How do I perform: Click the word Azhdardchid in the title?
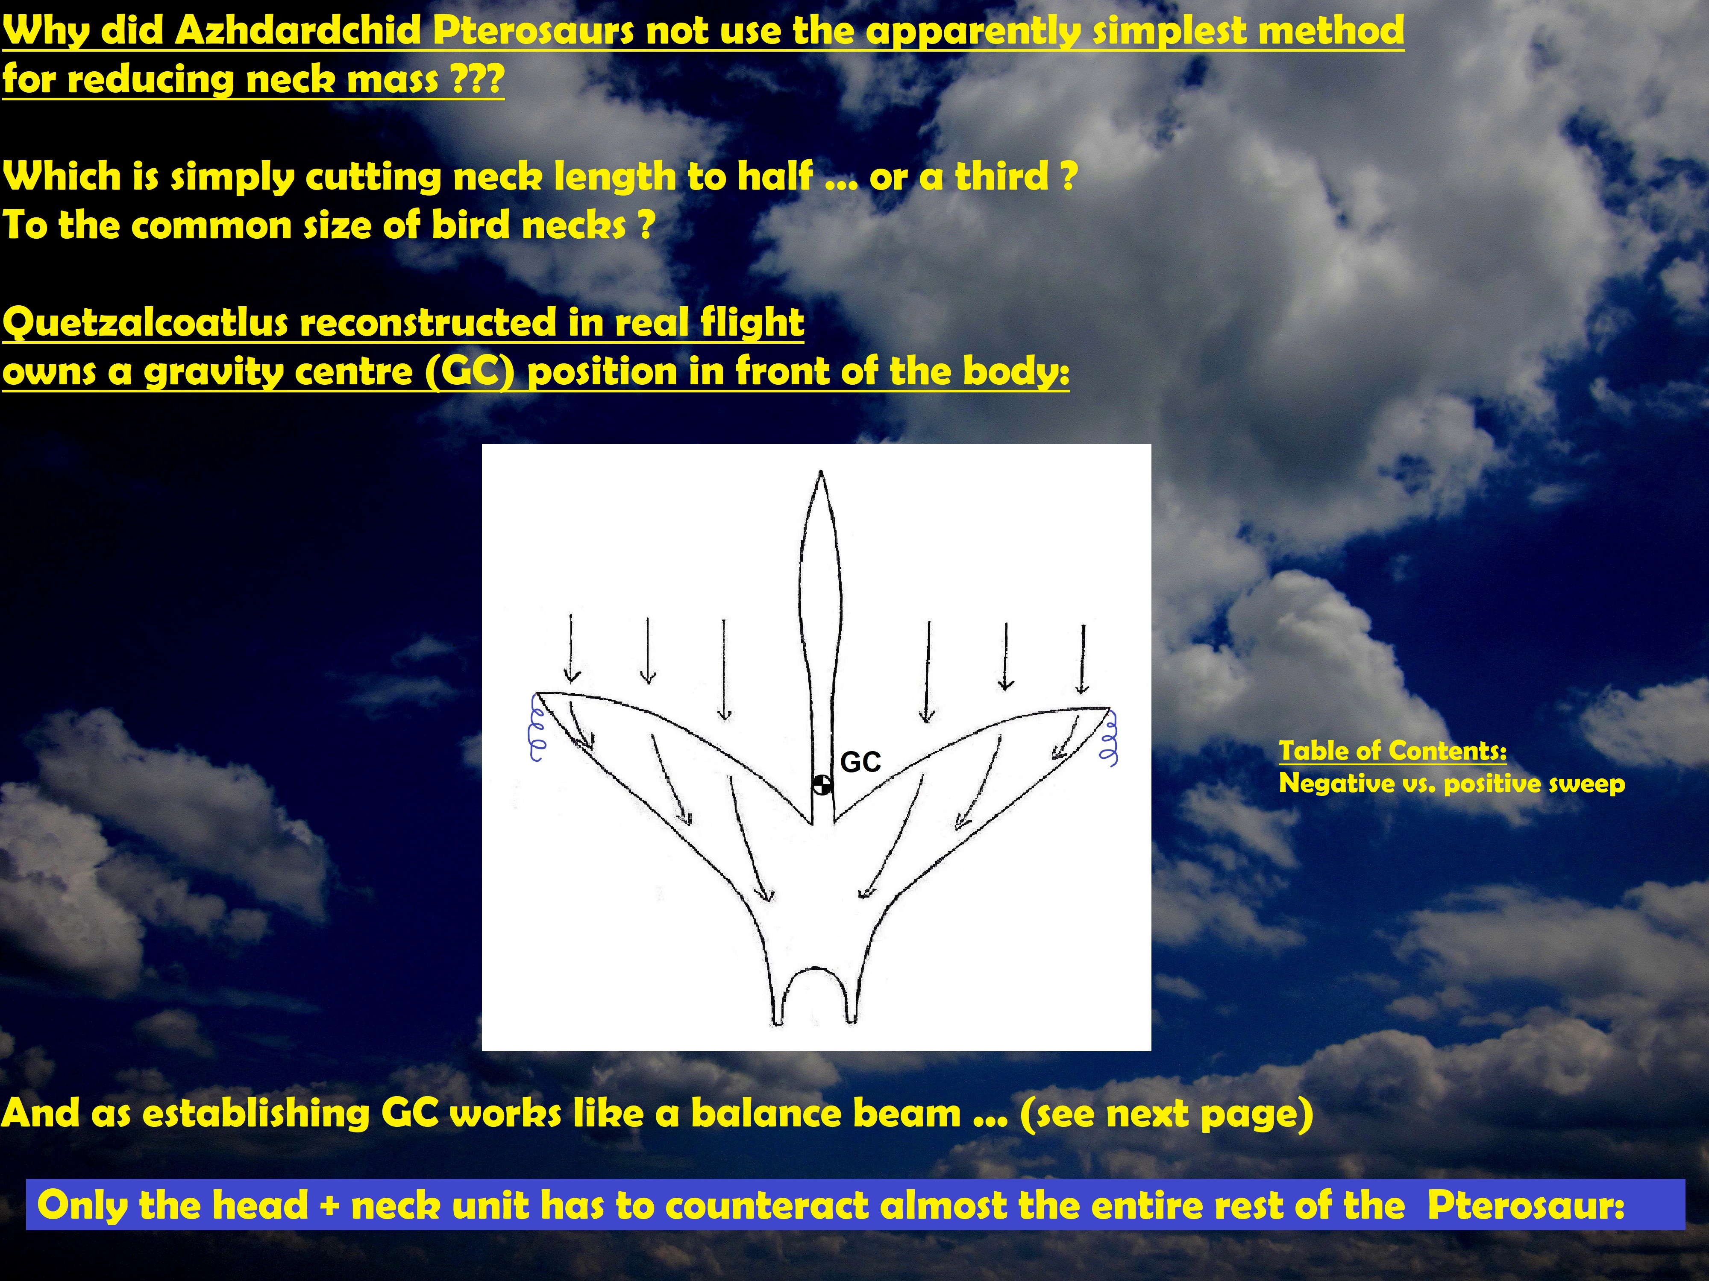(299, 31)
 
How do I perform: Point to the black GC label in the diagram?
(860, 762)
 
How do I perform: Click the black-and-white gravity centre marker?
(822, 785)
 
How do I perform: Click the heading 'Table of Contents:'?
(1392, 751)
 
